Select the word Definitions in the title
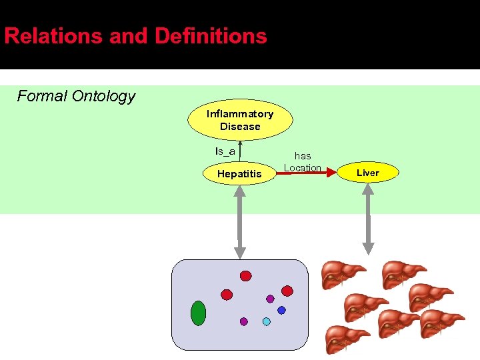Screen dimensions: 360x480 coord(212,36)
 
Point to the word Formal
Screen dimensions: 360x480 coord(42,96)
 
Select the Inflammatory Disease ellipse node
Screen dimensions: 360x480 coord(240,120)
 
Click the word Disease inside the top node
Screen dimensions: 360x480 coord(240,127)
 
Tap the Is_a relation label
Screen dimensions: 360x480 coord(225,151)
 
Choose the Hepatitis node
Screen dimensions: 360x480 coord(240,174)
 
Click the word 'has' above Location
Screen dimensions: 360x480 coord(303,156)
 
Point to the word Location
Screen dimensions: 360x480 coord(303,167)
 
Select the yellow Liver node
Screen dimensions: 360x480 coord(367,173)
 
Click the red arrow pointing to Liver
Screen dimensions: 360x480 coord(307,174)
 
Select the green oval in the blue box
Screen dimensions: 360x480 coord(198,313)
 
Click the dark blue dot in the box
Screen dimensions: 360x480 coord(281,310)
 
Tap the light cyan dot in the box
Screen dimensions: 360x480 coord(266,321)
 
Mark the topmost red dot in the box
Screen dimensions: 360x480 coord(245,276)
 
